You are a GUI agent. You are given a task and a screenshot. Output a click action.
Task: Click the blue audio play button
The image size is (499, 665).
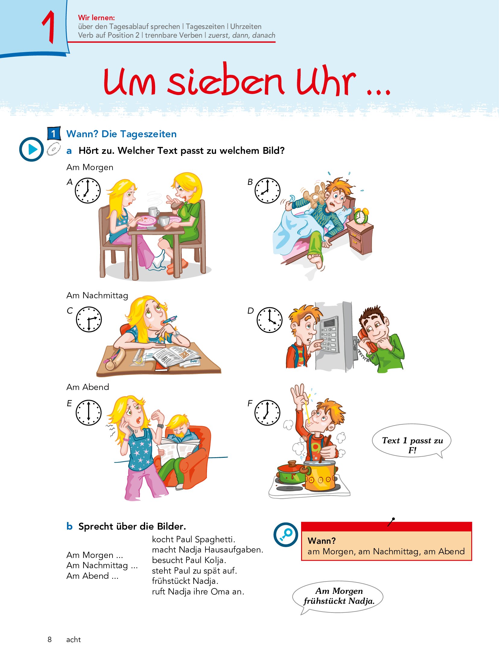[31, 149]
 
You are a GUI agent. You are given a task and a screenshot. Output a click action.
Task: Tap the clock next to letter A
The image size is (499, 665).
[87, 191]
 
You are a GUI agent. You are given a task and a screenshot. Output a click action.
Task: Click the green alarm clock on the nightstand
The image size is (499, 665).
[361, 216]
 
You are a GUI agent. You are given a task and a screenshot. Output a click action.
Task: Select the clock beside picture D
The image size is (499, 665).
[269, 320]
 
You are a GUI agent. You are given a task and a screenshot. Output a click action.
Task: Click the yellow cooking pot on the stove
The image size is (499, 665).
[320, 476]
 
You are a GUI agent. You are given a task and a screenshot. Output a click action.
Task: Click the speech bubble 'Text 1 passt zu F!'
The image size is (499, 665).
[412, 442]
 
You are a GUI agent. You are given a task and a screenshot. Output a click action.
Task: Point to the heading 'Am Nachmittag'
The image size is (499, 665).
[97, 296]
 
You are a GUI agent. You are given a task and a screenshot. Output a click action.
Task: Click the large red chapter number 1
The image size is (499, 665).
[48, 27]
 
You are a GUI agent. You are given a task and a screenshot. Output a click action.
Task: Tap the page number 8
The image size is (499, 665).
[50, 640]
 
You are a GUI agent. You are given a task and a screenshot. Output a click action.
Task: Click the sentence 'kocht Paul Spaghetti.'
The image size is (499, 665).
[193, 539]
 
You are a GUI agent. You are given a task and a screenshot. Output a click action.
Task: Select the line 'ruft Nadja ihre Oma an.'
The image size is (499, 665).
[198, 592]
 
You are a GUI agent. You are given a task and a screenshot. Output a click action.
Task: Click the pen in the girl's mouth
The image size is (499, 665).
[170, 319]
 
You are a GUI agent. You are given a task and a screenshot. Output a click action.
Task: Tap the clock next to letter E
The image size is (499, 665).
[88, 413]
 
